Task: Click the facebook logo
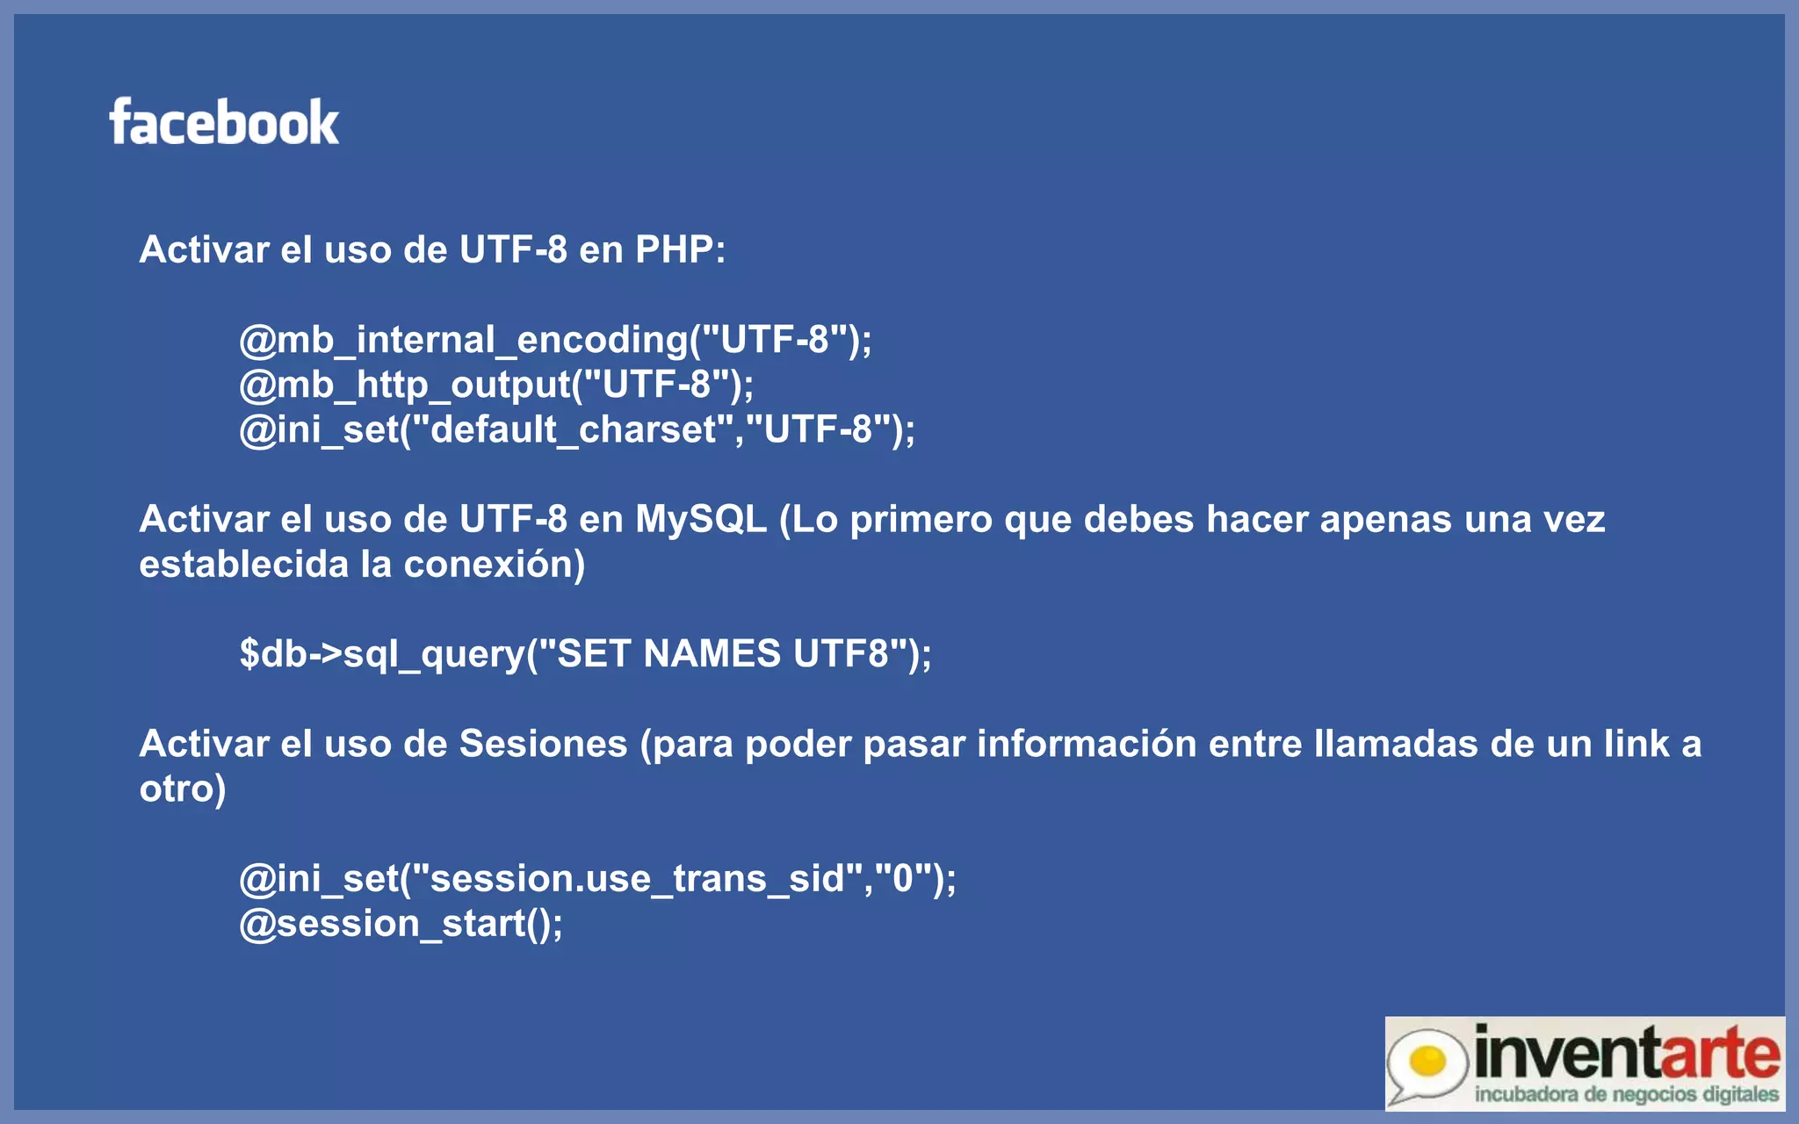point(224,122)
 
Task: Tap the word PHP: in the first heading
point(680,250)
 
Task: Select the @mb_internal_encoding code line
point(555,340)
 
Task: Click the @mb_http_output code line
point(496,385)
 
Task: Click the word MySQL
point(700,520)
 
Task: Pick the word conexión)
point(494,565)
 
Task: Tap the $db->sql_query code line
point(585,654)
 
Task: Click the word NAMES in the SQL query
point(712,654)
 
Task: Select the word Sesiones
point(543,745)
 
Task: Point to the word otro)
point(183,789)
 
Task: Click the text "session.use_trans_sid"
point(637,879)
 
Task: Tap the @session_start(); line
point(401,924)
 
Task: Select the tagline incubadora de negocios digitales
point(1626,1095)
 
